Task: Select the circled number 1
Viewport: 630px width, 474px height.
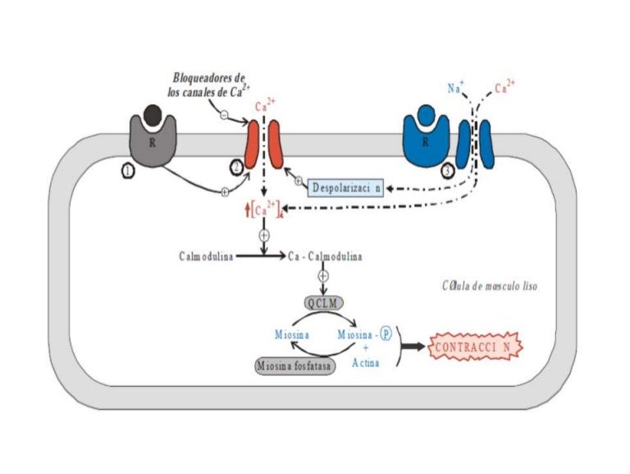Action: point(127,171)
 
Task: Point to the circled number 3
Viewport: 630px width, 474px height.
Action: point(447,171)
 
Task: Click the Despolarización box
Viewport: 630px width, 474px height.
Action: point(347,188)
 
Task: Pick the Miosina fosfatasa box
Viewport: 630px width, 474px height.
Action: point(295,366)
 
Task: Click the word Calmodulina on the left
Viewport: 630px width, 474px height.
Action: point(206,256)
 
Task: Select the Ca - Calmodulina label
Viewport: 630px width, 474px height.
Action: point(326,256)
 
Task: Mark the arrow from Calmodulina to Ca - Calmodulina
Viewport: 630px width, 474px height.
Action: point(258,256)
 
